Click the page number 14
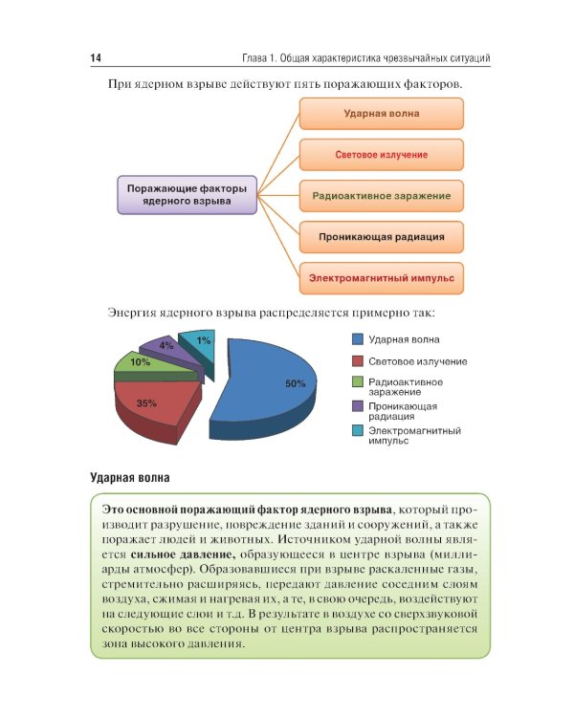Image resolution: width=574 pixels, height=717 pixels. tap(96, 58)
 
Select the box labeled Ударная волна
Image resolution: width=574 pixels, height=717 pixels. tap(382, 114)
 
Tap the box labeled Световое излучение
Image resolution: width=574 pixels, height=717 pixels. tap(382, 155)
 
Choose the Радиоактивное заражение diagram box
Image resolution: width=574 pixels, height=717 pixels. tap(382, 196)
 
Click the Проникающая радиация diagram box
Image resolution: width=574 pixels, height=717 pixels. tap(382, 236)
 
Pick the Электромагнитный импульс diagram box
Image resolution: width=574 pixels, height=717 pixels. tap(382, 278)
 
